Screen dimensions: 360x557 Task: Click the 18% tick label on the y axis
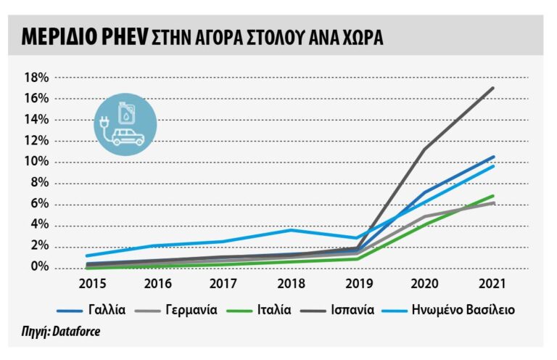click(x=36, y=78)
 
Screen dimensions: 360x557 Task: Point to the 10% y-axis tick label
click(x=36, y=162)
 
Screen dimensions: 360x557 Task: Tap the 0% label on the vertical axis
click(x=38, y=268)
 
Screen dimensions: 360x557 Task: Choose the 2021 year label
click(x=493, y=282)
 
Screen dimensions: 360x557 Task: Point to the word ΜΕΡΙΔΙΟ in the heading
click(x=54, y=36)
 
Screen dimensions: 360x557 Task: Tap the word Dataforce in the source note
click(x=76, y=332)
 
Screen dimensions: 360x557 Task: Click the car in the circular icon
click(x=128, y=136)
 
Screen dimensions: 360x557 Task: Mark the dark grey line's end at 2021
click(x=493, y=88)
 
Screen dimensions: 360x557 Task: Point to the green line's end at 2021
click(x=493, y=196)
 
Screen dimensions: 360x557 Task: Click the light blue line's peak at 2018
click(x=291, y=230)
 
